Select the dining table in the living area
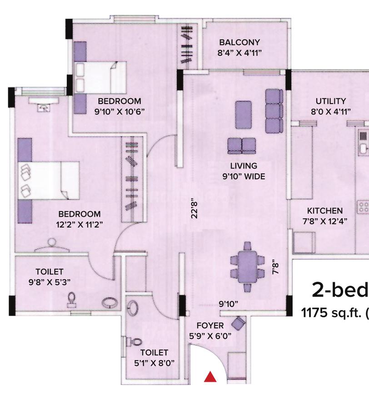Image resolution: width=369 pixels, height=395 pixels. coord(247,267)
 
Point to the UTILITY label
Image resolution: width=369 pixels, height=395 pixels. coord(330,101)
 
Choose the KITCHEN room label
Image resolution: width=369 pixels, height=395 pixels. coord(324,211)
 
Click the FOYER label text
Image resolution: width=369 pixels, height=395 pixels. coord(210,326)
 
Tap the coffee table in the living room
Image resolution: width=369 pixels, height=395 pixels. coord(242,110)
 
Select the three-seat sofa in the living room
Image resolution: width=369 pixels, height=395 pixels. coord(274,111)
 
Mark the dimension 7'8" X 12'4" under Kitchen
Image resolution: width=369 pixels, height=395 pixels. coord(324,222)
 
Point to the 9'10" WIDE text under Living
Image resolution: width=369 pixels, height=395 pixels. coord(244,177)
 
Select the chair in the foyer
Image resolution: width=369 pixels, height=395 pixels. coord(239,323)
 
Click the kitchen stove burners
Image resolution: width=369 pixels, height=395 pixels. coord(364,208)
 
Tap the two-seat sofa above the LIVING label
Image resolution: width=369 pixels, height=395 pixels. coord(242,146)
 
